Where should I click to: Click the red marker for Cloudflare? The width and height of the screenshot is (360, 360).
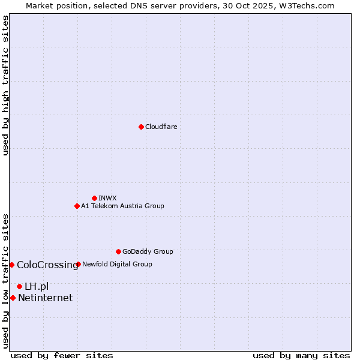(141, 127)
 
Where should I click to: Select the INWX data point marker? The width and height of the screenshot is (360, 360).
(94, 198)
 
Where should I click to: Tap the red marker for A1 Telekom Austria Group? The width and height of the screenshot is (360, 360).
(77, 206)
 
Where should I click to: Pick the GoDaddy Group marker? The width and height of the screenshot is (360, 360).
(118, 251)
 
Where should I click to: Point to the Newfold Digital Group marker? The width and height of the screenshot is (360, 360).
(78, 264)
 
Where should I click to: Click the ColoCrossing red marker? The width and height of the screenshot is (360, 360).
(11, 265)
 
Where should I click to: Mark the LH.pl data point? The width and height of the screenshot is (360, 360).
(19, 286)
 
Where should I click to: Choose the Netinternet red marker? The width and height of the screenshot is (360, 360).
(13, 298)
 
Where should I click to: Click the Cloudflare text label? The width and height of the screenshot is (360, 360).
(161, 127)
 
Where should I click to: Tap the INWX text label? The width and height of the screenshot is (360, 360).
(107, 198)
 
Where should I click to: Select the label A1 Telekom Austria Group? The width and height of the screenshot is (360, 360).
(122, 206)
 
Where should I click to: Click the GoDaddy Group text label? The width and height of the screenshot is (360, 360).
(148, 251)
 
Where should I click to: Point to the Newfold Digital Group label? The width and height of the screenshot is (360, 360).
(117, 264)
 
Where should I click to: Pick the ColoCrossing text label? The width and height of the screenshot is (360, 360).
(47, 265)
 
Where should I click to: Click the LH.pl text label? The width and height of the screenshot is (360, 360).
(37, 286)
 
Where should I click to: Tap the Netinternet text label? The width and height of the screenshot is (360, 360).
(45, 298)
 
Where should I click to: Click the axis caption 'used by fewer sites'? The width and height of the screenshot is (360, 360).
(62, 355)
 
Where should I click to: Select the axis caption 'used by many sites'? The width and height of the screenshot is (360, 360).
(301, 355)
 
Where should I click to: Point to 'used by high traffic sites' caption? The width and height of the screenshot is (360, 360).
(5, 85)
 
